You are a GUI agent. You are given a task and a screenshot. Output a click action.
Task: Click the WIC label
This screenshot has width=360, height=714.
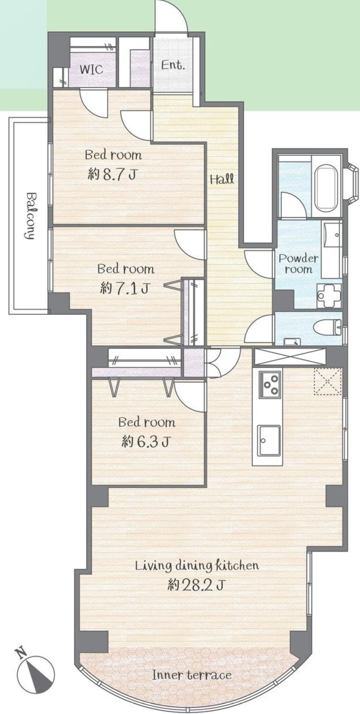[x=92, y=69]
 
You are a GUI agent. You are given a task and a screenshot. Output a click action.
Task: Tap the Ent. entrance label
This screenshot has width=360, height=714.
[x=173, y=65]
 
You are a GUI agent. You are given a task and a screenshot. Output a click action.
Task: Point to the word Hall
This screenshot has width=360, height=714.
[x=222, y=178]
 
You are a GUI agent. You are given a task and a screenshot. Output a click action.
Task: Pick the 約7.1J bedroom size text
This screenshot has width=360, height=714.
[x=124, y=288]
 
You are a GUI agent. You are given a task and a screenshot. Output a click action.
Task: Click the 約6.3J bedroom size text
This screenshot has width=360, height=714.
[x=145, y=442]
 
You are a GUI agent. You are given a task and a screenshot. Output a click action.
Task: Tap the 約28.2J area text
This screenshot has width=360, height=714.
[x=196, y=585]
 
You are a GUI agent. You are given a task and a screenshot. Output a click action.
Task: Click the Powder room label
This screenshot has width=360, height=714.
[x=299, y=264]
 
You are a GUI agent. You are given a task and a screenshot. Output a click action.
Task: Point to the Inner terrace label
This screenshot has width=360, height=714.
[x=192, y=675]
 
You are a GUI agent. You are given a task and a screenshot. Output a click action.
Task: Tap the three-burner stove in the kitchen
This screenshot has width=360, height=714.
[x=270, y=384]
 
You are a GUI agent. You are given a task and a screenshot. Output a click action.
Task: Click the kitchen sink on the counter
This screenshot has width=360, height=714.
[x=269, y=440]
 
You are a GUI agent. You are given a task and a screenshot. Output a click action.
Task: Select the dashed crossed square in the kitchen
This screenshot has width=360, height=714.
[x=327, y=382]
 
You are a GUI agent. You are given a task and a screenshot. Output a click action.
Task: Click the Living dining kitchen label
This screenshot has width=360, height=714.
[x=196, y=566]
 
